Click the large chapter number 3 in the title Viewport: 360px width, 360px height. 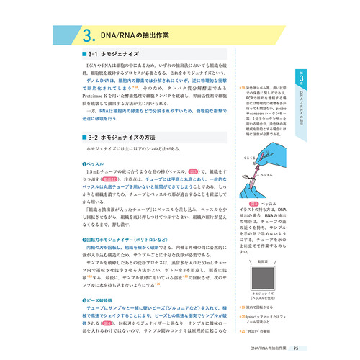tap(86, 37)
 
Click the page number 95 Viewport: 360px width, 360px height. tap(305, 348)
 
